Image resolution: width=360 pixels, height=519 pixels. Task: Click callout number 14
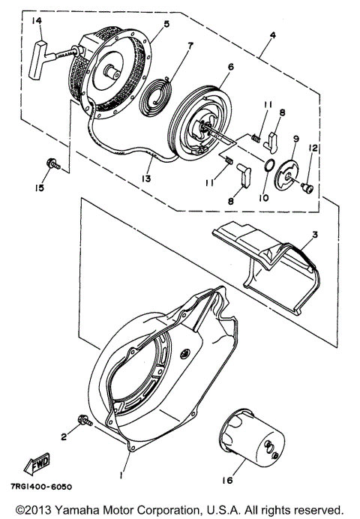[37, 21]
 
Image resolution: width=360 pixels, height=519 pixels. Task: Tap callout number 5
[166, 24]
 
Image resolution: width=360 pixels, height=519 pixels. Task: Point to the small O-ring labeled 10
[269, 164]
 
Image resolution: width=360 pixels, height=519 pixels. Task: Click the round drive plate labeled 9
[286, 172]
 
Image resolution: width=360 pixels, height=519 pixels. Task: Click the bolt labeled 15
[53, 163]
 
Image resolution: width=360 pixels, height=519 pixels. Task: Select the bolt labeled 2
[85, 420]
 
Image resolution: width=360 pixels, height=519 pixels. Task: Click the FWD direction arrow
[37, 463]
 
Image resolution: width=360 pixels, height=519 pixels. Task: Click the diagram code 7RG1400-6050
[41, 487]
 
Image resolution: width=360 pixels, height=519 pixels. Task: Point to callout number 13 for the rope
[146, 178]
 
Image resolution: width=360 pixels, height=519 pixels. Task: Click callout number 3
[315, 235]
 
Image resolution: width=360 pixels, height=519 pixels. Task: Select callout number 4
[272, 34]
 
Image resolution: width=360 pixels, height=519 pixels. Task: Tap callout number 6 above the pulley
[231, 67]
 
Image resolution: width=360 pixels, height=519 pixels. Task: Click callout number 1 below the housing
[121, 475]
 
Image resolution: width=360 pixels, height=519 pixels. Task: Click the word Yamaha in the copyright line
[77, 510]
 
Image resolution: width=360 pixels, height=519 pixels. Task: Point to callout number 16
[228, 480]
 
